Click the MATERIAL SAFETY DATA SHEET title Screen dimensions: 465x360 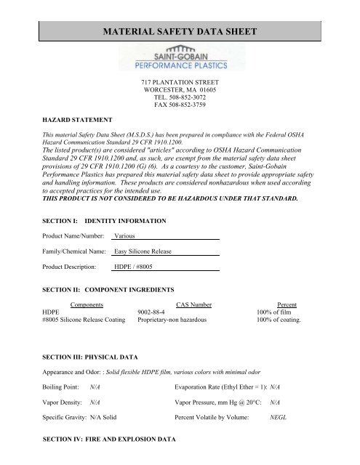point(180,32)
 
